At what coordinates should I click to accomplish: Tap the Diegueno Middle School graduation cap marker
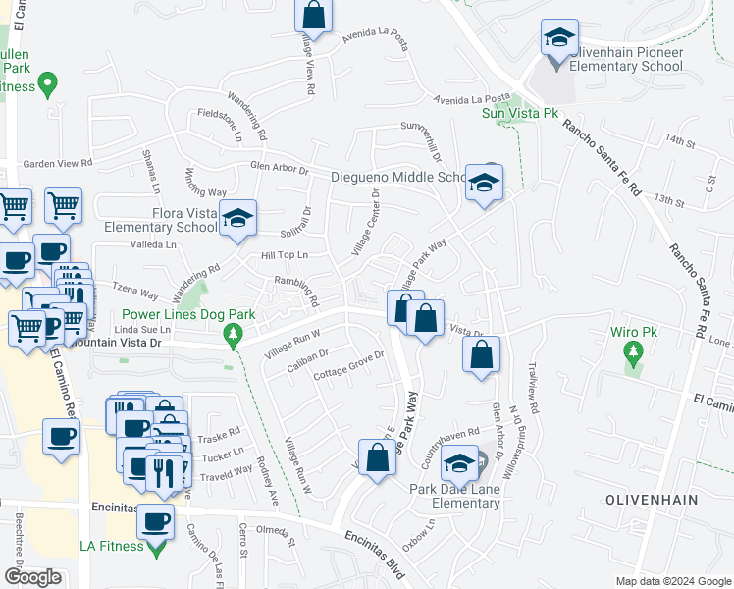[x=483, y=183]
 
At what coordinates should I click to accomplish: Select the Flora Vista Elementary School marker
[x=236, y=220]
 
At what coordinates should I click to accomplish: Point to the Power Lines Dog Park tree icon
[x=233, y=336]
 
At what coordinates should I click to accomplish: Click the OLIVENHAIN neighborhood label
[x=651, y=500]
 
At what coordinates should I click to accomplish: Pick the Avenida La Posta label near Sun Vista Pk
[x=475, y=98]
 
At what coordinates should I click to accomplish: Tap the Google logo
[x=32, y=577]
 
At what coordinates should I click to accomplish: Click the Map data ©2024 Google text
[x=673, y=581]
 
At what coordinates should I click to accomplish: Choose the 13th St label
[x=670, y=200]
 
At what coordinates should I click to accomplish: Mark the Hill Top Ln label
[x=285, y=255]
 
